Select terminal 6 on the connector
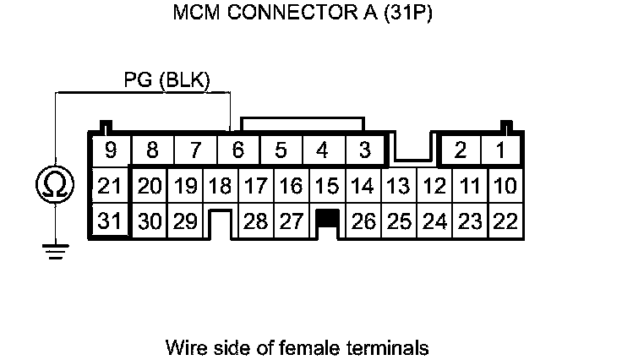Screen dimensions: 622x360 click(x=237, y=150)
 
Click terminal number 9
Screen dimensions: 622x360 click(x=110, y=150)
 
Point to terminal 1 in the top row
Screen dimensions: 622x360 click(x=502, y=150)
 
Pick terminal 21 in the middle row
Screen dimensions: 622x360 click(x=110, y=185)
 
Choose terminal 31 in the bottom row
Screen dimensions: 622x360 click(x=110, y=221)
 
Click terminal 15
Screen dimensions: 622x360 click(x=326, y=185)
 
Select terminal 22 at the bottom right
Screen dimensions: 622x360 click(x=505, y=221)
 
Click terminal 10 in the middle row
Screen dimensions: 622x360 click(x=505, y=185)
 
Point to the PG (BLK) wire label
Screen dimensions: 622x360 click(x=166, y=80)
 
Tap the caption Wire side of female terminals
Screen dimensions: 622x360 click(x=297, y=347)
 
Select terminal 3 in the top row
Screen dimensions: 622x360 click(x=364, y=150)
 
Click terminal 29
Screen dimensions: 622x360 click(x=185, y=221)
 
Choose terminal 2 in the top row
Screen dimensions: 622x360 click(x=461, y=150)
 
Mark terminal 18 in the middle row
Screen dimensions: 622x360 click(x=220, y=185)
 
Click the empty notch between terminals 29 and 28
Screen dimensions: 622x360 click(x=221, y=224)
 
